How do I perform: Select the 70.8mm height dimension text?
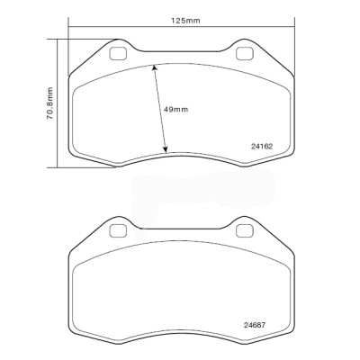pyautogui.click(x=50, y=102)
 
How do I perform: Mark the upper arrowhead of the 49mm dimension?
pyautogui.click(x=154, y=67)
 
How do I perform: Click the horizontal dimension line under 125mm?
pyautogui.click(x=180, y=37)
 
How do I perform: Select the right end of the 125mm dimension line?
pyautogui.click(x=292, y=37)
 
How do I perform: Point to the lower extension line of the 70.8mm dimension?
pyautogui.click(x=72, y=167)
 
